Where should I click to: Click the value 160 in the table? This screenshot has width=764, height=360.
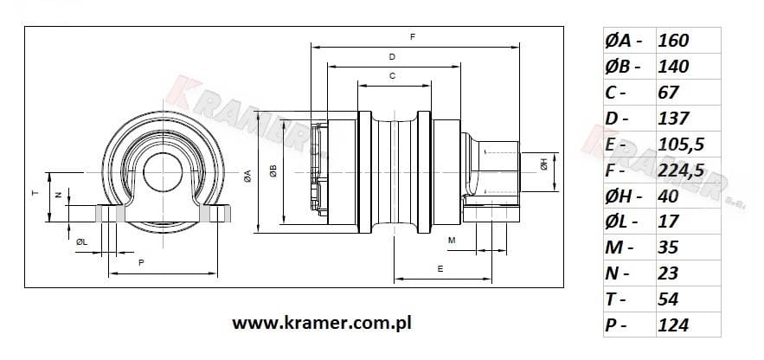coord(673,41)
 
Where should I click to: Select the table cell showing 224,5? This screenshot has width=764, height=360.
coord(681,170)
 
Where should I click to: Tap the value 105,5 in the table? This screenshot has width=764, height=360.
coord(681,145)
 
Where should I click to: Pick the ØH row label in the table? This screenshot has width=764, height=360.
coord(623,196)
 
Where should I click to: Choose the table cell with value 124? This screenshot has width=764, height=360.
coord(673,325)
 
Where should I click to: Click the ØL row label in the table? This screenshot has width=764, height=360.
coord(621,222)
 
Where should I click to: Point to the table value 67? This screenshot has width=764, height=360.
coord(668,93)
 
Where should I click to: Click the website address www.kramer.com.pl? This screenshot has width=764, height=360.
coord(322,323)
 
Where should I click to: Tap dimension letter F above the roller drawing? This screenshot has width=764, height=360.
coord(413,37)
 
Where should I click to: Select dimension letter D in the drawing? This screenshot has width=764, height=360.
coord(392,57)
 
